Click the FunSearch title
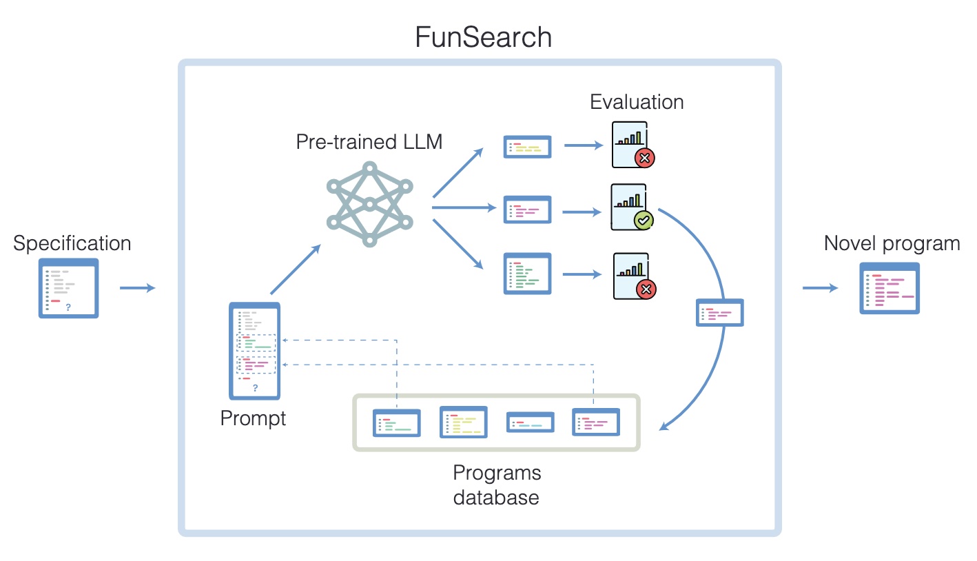(x=483, y=37)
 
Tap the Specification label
(x=72, y=243)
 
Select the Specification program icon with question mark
(x=68, y=287)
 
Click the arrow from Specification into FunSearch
(x=137, y=287)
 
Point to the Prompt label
(x=253, y=418)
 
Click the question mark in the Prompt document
(x=255, y=389)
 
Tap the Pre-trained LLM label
(x=369, y=142)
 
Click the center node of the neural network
(x=370, y=203)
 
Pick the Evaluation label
(x=637, y=102)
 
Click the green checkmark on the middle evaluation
(x=644, y=221)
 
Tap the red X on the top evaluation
(x=644, y=159)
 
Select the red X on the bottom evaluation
(x=646, y=289)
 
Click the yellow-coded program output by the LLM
(x=527, y=147)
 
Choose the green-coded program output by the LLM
(x=527, y=274)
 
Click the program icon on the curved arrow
(x=720, y=312)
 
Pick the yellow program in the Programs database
(x=463, y=422)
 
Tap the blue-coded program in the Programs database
(x=530, y=422)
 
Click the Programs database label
(x=496, y=485)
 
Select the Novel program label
(x=892, y=243)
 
